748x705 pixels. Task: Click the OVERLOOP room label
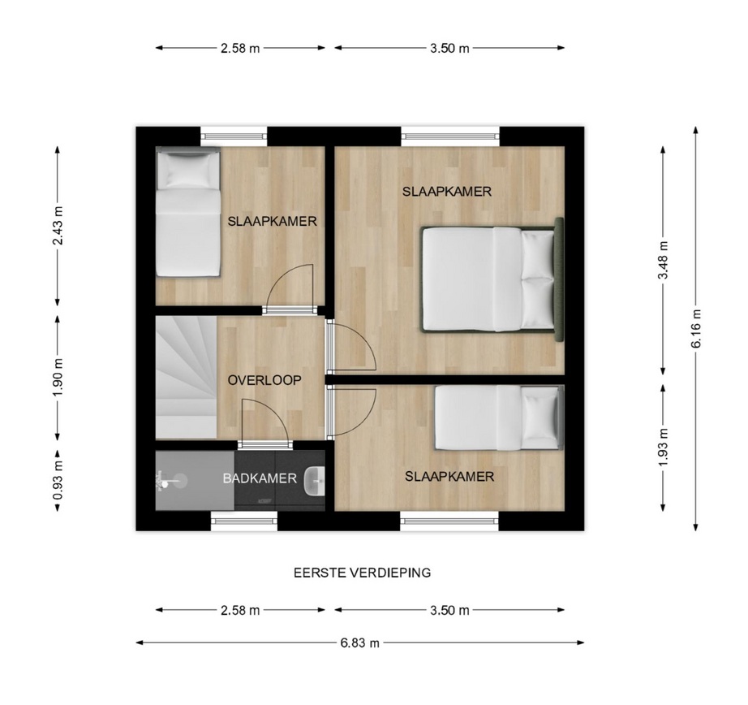(264, 380)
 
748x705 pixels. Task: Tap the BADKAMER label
(260, 478)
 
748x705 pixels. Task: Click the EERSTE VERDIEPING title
(362, 573)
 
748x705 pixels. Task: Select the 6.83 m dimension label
(359, 643)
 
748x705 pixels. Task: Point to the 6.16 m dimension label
(696, 328)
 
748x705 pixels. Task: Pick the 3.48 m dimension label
(663, 261)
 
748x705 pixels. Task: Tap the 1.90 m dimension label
(58, 377)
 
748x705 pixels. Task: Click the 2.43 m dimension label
(58, 226)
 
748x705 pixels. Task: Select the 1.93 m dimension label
(663, 448)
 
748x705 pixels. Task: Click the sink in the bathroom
(314, 481)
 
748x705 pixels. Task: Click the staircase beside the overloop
(187, 378)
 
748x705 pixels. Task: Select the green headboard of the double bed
(559, 279)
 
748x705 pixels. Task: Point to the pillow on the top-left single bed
(187, 171)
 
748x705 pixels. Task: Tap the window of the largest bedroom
(450, 136)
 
